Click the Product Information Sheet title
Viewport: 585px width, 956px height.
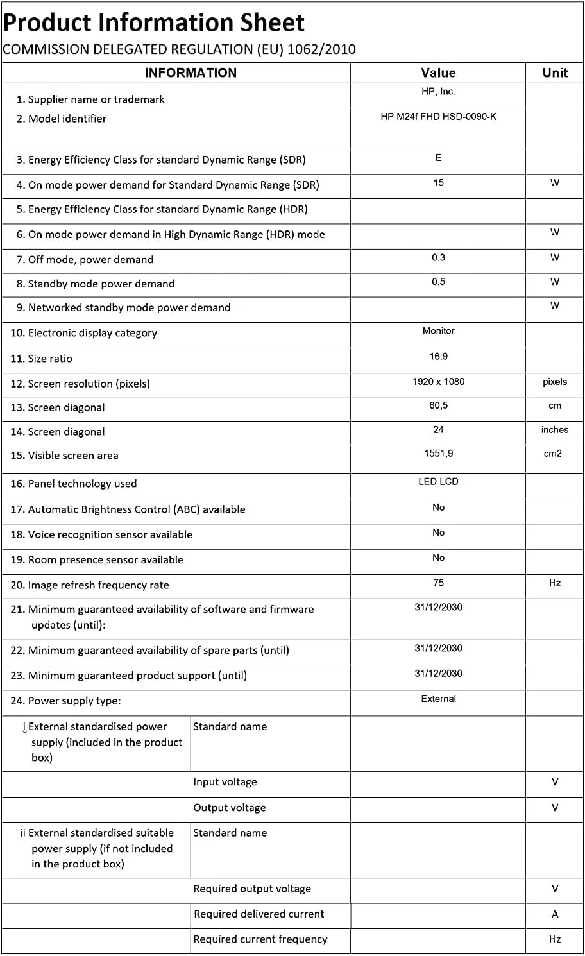pyautogui.click(x=154, y=23)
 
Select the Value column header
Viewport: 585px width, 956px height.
pyautogui.click(x=438, y=73)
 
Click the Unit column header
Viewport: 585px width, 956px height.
pyautogui.click(x=555, y=73)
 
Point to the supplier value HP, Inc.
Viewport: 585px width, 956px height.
pyautogui.click(x=438, y=92)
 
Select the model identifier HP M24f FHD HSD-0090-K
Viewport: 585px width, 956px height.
pyautogui.click(x=438, y=117)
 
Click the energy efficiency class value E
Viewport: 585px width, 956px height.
pyautogui.click(x=438, y=158)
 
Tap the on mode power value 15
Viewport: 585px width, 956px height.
pyautogui.click(x=438, y=183)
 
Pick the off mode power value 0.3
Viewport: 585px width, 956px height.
pyautogui.click(x=438, y=257)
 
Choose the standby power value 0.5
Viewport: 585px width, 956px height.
pyautogui.click(x=438, y=282)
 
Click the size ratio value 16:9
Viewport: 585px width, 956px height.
pyautogui.click(x=438, y=357)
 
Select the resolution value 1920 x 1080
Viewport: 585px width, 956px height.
pyautogui.click(x=438, y=382)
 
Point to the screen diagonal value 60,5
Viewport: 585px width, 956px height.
pyautogui.click(x=438, y=405)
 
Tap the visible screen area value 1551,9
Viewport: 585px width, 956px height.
pyautogui.click(x=438, y=454)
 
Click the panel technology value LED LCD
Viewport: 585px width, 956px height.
pyautogui.click(x=438, y=482)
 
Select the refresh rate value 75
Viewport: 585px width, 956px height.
pyautogui.click(x=438, y=583)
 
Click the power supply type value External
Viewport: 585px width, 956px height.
pyautogui.click(x=438, y=699)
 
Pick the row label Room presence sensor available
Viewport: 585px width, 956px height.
pyautogui.click(x=97, y=559)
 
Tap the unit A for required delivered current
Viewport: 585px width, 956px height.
pyautogui.click(x=555, y=914)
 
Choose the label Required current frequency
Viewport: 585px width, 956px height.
pyautogui.click(x=260, y=939)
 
